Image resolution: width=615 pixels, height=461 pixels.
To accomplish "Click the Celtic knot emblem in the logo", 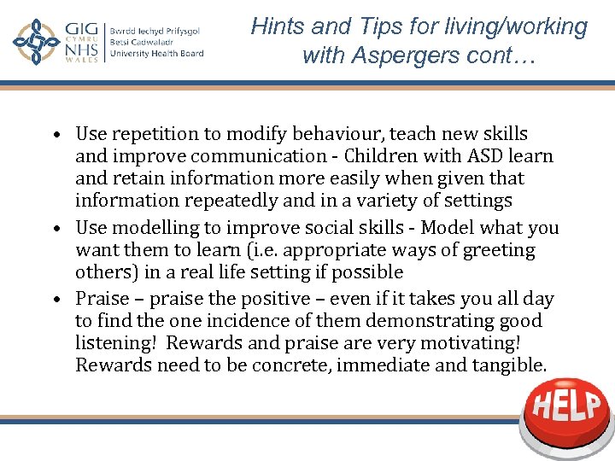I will (36, 42).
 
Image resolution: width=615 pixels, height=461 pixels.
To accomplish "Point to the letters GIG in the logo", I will (83, 30).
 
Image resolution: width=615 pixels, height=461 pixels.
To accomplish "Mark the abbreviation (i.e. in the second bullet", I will (256, 250).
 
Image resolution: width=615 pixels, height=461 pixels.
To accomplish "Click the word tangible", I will (506, 365).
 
